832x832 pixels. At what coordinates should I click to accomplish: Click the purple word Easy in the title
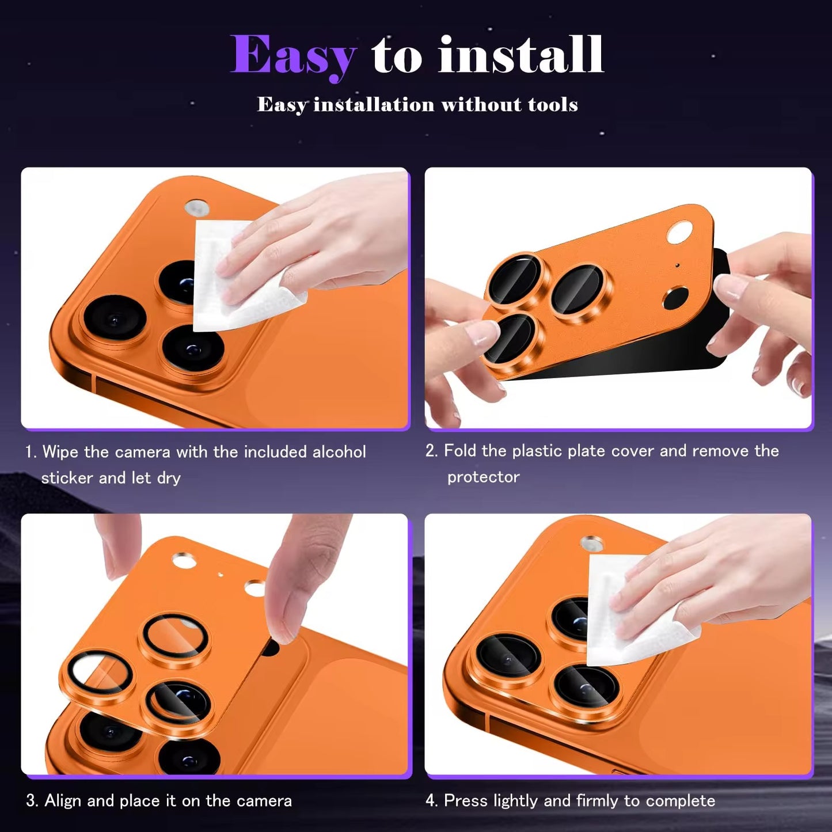pyautogui.click(x=294, y=56)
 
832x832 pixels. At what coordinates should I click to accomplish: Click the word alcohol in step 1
pyautogui.click(x=339, y=452)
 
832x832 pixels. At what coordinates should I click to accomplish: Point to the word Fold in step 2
pyautogui.click(x=461, y=451)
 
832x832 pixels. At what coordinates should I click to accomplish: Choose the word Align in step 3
pyautogui.click(x=63, y=801)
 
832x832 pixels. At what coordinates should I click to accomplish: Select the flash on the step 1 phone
pyautogui.click(x=196, y=208)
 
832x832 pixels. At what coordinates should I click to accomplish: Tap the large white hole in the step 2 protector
pyautogui.click(x=679, y=233)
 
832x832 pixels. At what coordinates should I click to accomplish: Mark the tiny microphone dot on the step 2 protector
pyautogui.click(x=678, y=265)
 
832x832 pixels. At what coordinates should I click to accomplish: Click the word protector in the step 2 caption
pyautogui.click(x=483, y=477)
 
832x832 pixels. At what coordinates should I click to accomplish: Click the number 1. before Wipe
pyautogui.click(x=31, y=452)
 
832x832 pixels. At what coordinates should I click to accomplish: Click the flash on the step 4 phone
pyautogui.click(x=591, y=543)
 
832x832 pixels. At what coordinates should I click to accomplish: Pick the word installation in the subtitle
pyautogui.click(x=373, y=104)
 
